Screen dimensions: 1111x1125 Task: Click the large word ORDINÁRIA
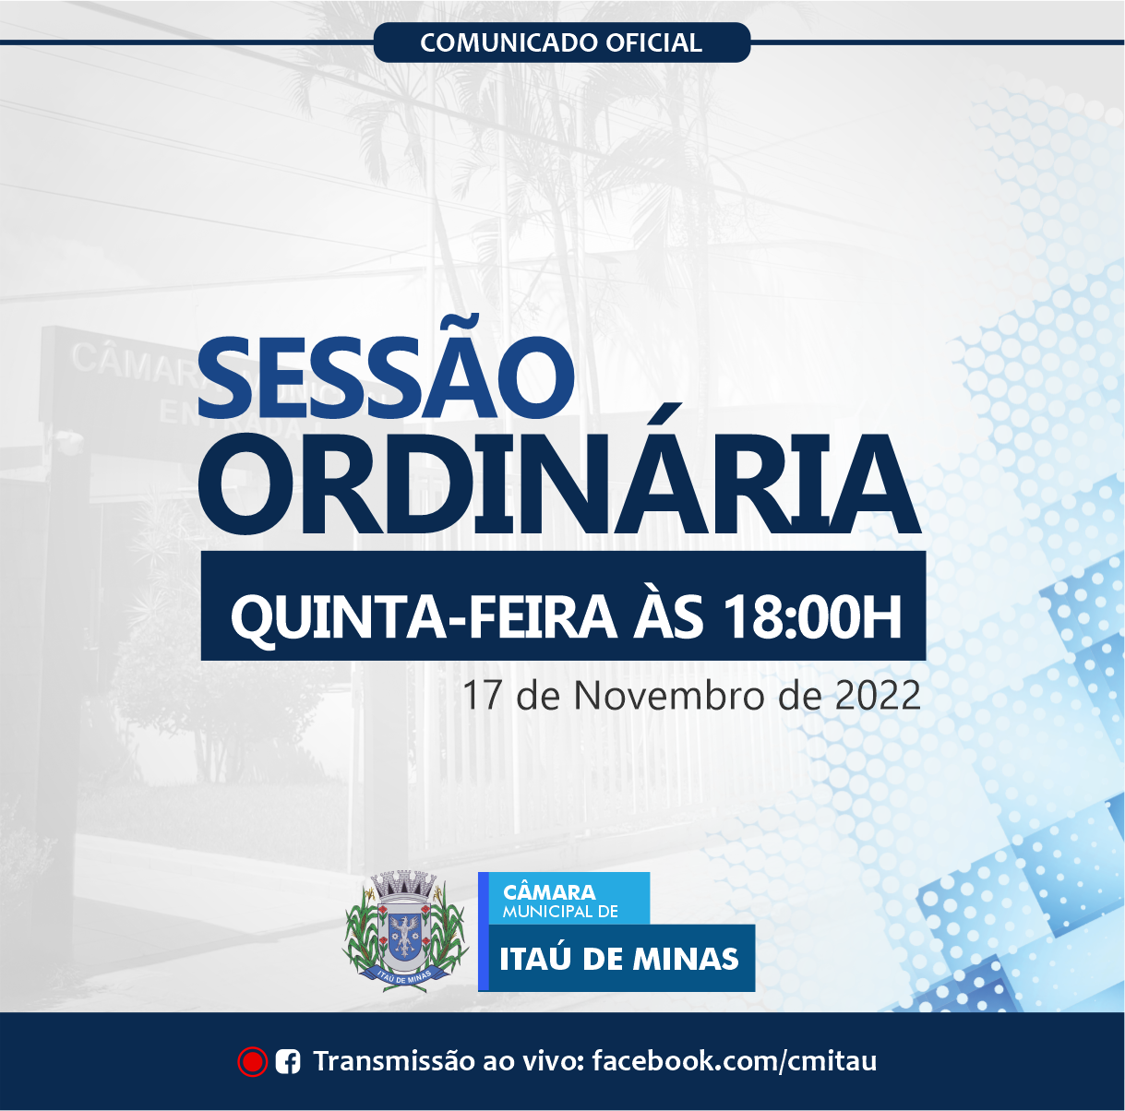click(x=560, y=484)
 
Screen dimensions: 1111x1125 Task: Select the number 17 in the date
click(x=481, y=696)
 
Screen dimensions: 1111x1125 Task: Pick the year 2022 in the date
click(x=878, y=696)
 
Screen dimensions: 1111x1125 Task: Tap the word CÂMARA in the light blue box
click(x=549, y=892)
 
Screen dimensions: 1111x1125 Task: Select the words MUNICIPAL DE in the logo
click(x=560, y=912)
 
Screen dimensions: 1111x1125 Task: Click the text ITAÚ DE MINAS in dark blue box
click(x=618, y=959)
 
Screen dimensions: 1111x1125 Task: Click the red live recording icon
click(x=252, y=1062)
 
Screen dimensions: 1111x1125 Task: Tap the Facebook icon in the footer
click(x=288, y=1062)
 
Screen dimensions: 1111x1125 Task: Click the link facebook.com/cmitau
click(x=734, y=1061)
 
